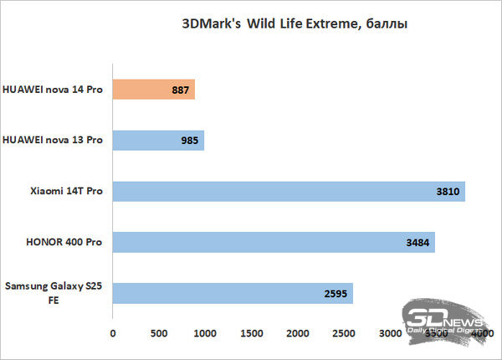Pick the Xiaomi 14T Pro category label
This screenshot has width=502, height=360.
point(65,191)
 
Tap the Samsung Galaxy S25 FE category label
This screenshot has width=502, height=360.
point(54,294)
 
